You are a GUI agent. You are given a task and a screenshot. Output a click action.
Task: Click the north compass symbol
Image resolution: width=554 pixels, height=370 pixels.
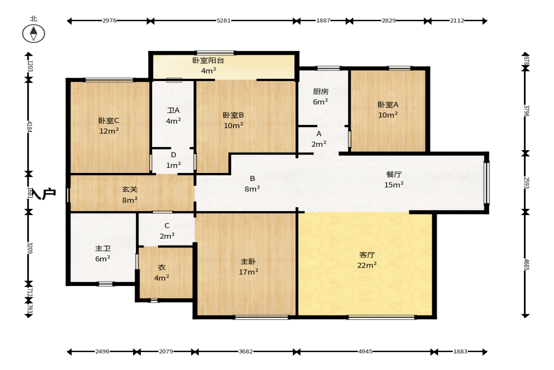coord(33,33)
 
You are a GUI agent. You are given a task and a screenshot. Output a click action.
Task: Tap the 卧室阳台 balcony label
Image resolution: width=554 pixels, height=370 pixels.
coord(208,60)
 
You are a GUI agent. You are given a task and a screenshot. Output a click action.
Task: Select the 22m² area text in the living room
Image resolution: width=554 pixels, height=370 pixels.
coord(367,265)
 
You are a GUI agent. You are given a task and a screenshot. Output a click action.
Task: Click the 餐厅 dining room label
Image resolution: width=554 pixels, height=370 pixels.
coord(394,174)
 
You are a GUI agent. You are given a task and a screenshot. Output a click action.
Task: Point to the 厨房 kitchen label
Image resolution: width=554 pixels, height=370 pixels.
coord(321,91)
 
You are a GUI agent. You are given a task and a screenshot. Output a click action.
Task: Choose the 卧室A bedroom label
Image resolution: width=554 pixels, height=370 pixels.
coord(388,105)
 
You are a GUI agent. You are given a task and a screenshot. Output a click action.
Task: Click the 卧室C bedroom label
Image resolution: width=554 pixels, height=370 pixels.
coord(109,121)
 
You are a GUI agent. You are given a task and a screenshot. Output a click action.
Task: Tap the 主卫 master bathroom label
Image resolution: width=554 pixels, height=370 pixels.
coord(103,249)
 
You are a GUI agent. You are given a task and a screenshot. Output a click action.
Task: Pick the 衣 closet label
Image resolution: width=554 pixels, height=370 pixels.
coord(161,267)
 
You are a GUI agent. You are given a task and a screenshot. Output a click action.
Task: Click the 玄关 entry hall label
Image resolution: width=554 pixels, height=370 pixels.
coord(129,189)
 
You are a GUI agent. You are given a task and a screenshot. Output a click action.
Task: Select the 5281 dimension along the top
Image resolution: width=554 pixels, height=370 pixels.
coord(223,21)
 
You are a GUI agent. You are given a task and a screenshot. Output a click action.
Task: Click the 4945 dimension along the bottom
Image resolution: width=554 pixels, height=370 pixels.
coord(365,351)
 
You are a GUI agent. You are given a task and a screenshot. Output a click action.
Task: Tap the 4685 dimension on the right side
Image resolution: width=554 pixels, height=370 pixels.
coord(526,264)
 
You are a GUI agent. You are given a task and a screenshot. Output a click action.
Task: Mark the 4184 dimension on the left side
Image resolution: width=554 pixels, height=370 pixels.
coord(30,127)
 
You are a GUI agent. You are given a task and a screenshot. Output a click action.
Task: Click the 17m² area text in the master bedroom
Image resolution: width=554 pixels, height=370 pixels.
coord(249,271)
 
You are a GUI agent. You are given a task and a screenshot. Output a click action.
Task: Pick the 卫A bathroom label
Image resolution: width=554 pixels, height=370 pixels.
coord(173,110)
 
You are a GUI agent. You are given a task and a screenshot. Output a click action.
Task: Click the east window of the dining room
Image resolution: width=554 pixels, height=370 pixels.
coord(487,183)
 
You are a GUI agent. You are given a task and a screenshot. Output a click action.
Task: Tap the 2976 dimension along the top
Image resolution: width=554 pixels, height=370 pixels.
coord(110,21)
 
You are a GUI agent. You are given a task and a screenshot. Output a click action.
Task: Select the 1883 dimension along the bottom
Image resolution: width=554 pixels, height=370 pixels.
coord(460,351)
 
